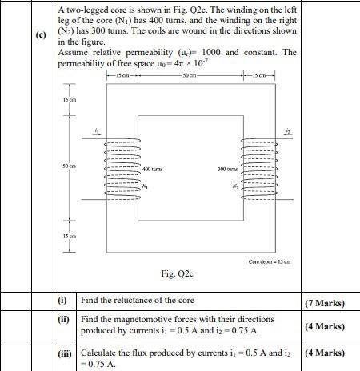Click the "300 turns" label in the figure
pos(228,170)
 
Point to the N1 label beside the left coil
pos(145,186)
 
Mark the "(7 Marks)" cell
pos(325,303)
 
